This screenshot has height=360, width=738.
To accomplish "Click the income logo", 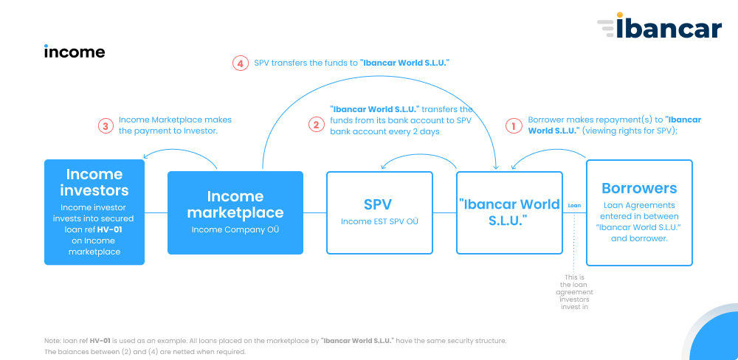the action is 75,52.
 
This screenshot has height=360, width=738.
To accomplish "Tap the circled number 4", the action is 240,63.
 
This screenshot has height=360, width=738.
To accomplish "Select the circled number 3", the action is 106,126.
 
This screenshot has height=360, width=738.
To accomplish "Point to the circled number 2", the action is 317,125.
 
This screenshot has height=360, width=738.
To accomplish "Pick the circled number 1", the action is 514,125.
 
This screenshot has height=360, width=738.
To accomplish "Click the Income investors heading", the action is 94,183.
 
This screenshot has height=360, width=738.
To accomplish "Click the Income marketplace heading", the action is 235,204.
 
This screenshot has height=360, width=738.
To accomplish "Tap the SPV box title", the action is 379,204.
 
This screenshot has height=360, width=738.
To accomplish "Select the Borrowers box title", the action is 639,188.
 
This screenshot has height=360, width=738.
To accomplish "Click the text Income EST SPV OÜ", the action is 379,221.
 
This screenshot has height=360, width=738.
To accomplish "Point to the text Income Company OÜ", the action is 235,230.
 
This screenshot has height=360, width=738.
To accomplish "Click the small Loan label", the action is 574,206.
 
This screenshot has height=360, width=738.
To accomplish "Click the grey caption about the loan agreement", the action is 574,292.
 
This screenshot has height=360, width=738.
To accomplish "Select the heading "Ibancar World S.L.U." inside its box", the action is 509,212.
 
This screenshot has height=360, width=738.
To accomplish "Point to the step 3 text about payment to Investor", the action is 175,125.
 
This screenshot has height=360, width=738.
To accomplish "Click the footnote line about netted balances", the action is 145,352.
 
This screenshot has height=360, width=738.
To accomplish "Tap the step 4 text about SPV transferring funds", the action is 352,63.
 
